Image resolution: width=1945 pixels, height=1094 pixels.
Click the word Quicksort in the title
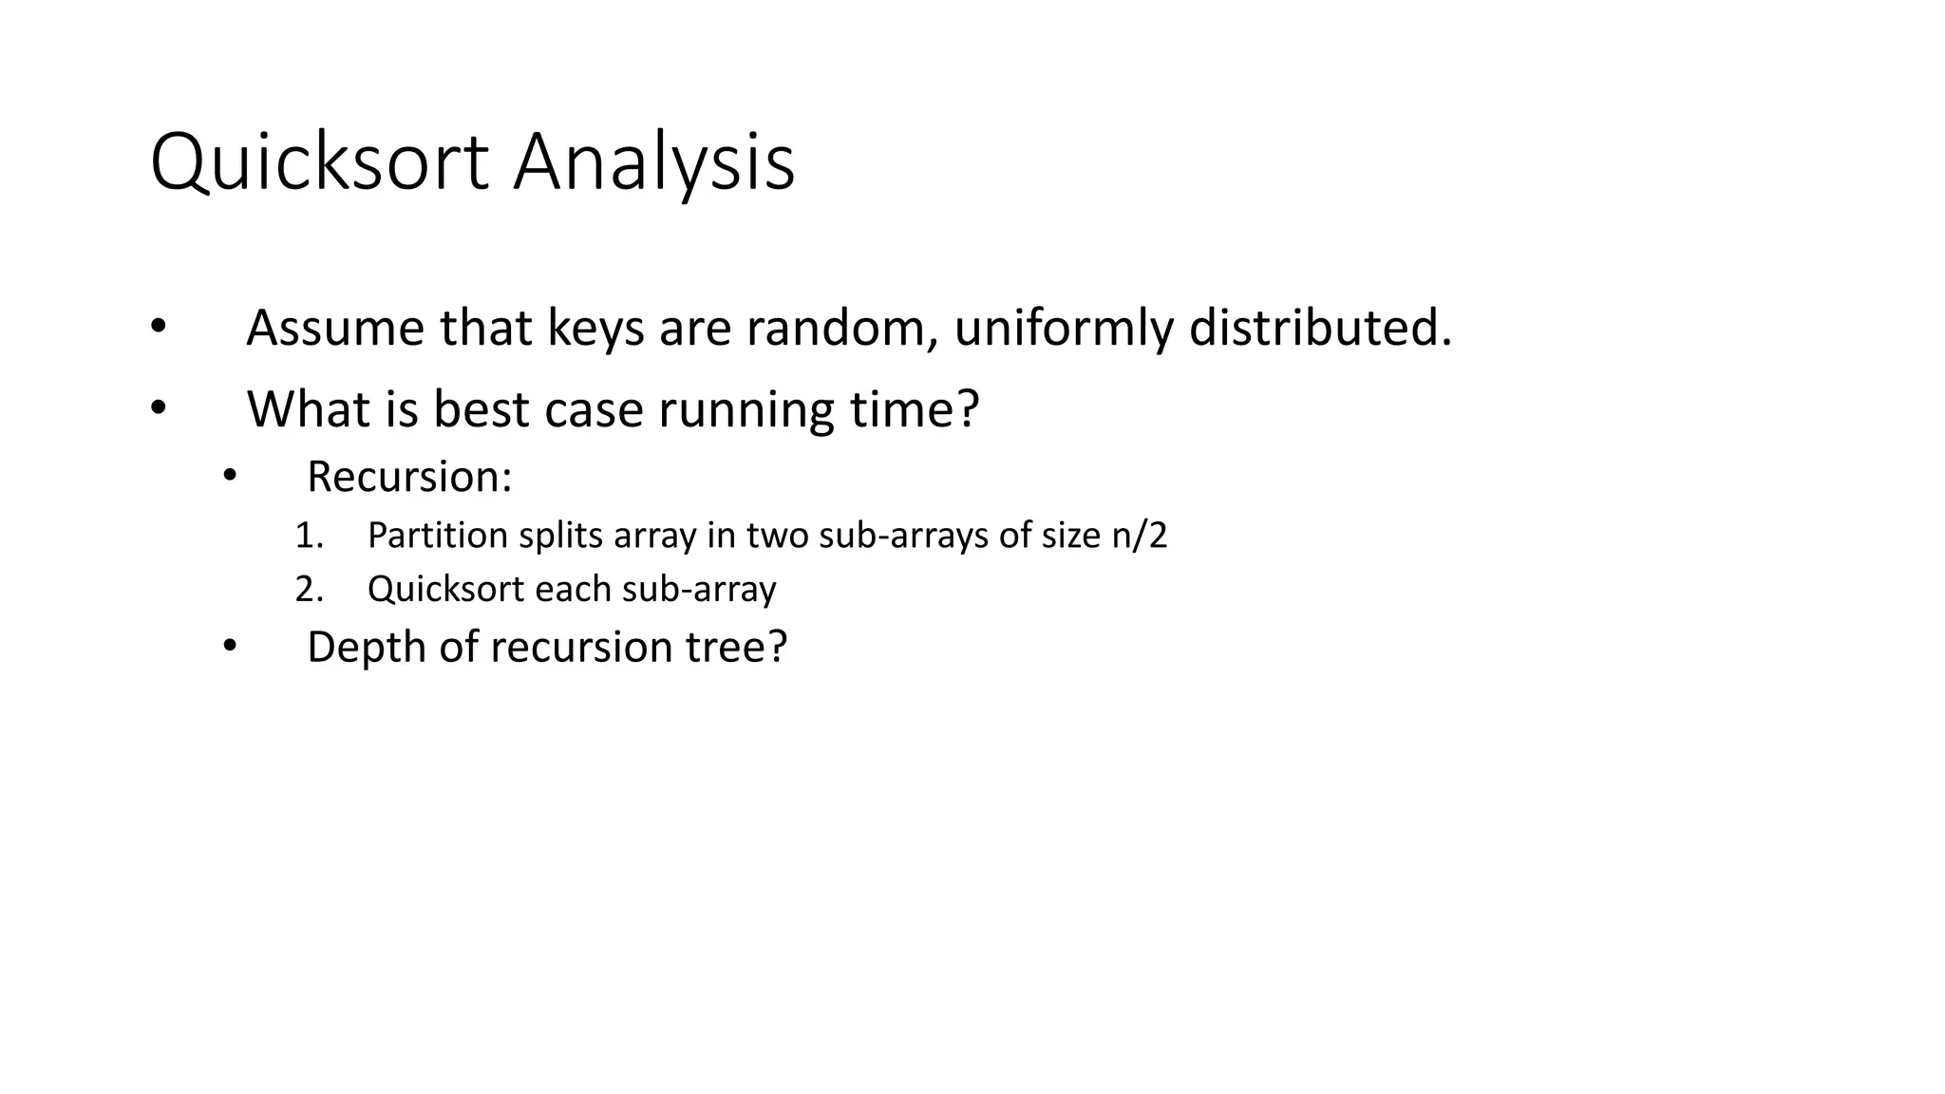(x=319, y=163)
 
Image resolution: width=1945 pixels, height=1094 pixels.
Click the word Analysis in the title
(x=653, y=163)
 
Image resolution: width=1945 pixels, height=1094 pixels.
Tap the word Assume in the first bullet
(x=334, y=329)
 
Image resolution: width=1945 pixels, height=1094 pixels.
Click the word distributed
(x=1320, y=329)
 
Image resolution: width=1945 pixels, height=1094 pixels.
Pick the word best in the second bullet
(x=481, y=409)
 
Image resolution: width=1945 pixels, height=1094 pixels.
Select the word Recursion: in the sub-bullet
(x=409, y=477)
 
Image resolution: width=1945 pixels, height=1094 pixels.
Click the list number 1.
(x=308, y=537)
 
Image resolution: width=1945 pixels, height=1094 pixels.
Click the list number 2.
(x=308, y=590)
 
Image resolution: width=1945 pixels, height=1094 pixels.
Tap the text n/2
(x=1139, y=537)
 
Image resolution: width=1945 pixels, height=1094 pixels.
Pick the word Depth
(x=366, y=648)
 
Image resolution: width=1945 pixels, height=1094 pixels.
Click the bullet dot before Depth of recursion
(x=229, y=648)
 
